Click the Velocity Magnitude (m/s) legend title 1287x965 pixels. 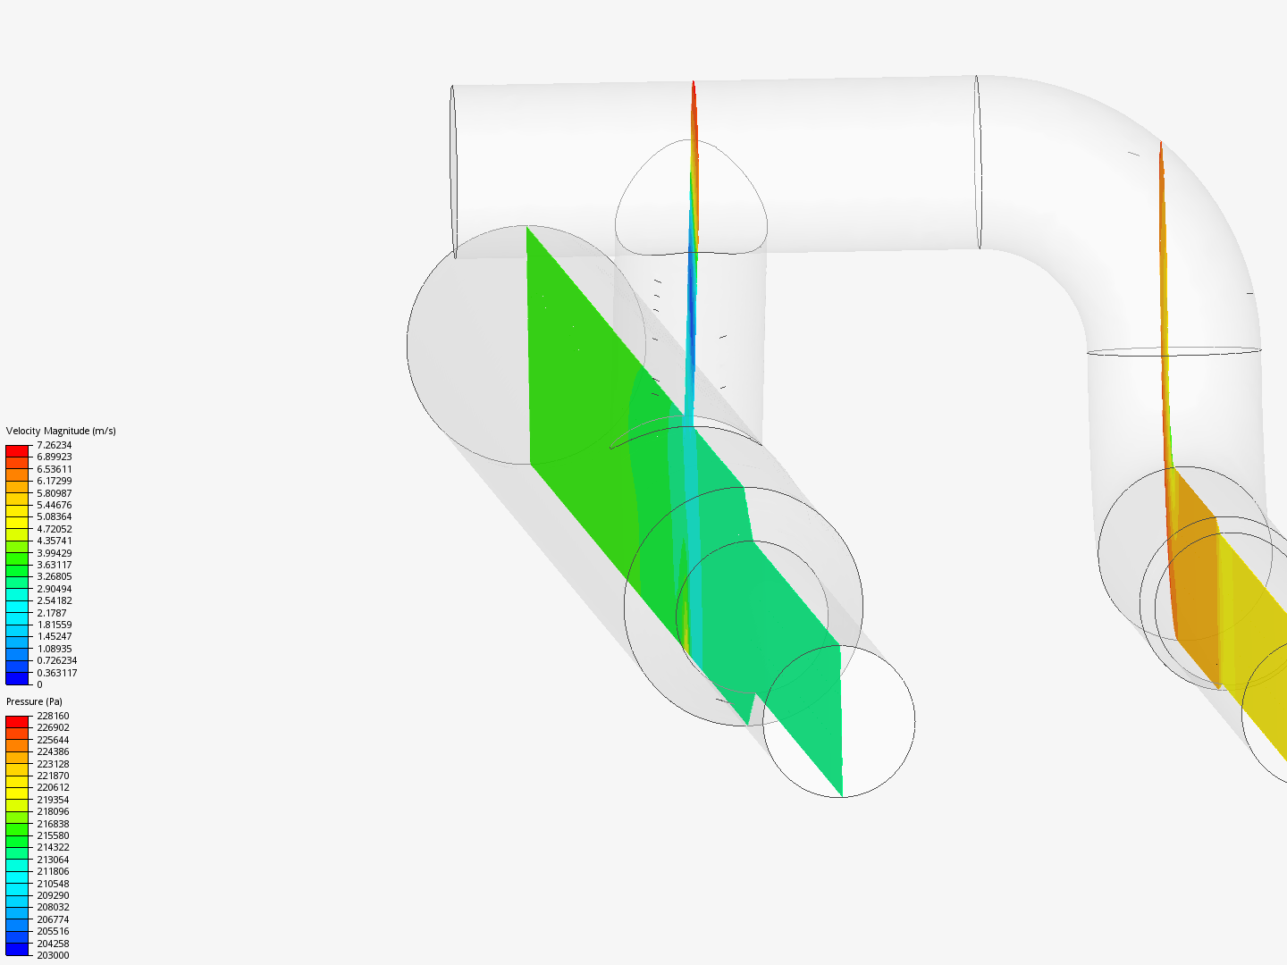coord(61,432)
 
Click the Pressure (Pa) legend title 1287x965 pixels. coord(34,702)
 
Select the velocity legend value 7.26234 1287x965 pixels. coord(54,445)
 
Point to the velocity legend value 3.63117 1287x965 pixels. coord(54,565)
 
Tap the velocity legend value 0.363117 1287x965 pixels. coord(57,673)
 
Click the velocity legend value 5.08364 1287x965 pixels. coord(54,516)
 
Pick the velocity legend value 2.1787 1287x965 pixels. coord(52,613)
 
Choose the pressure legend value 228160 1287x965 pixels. coord(53,716)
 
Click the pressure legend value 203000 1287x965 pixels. coord(53,956)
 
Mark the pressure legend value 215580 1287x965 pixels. coord(53,835)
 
